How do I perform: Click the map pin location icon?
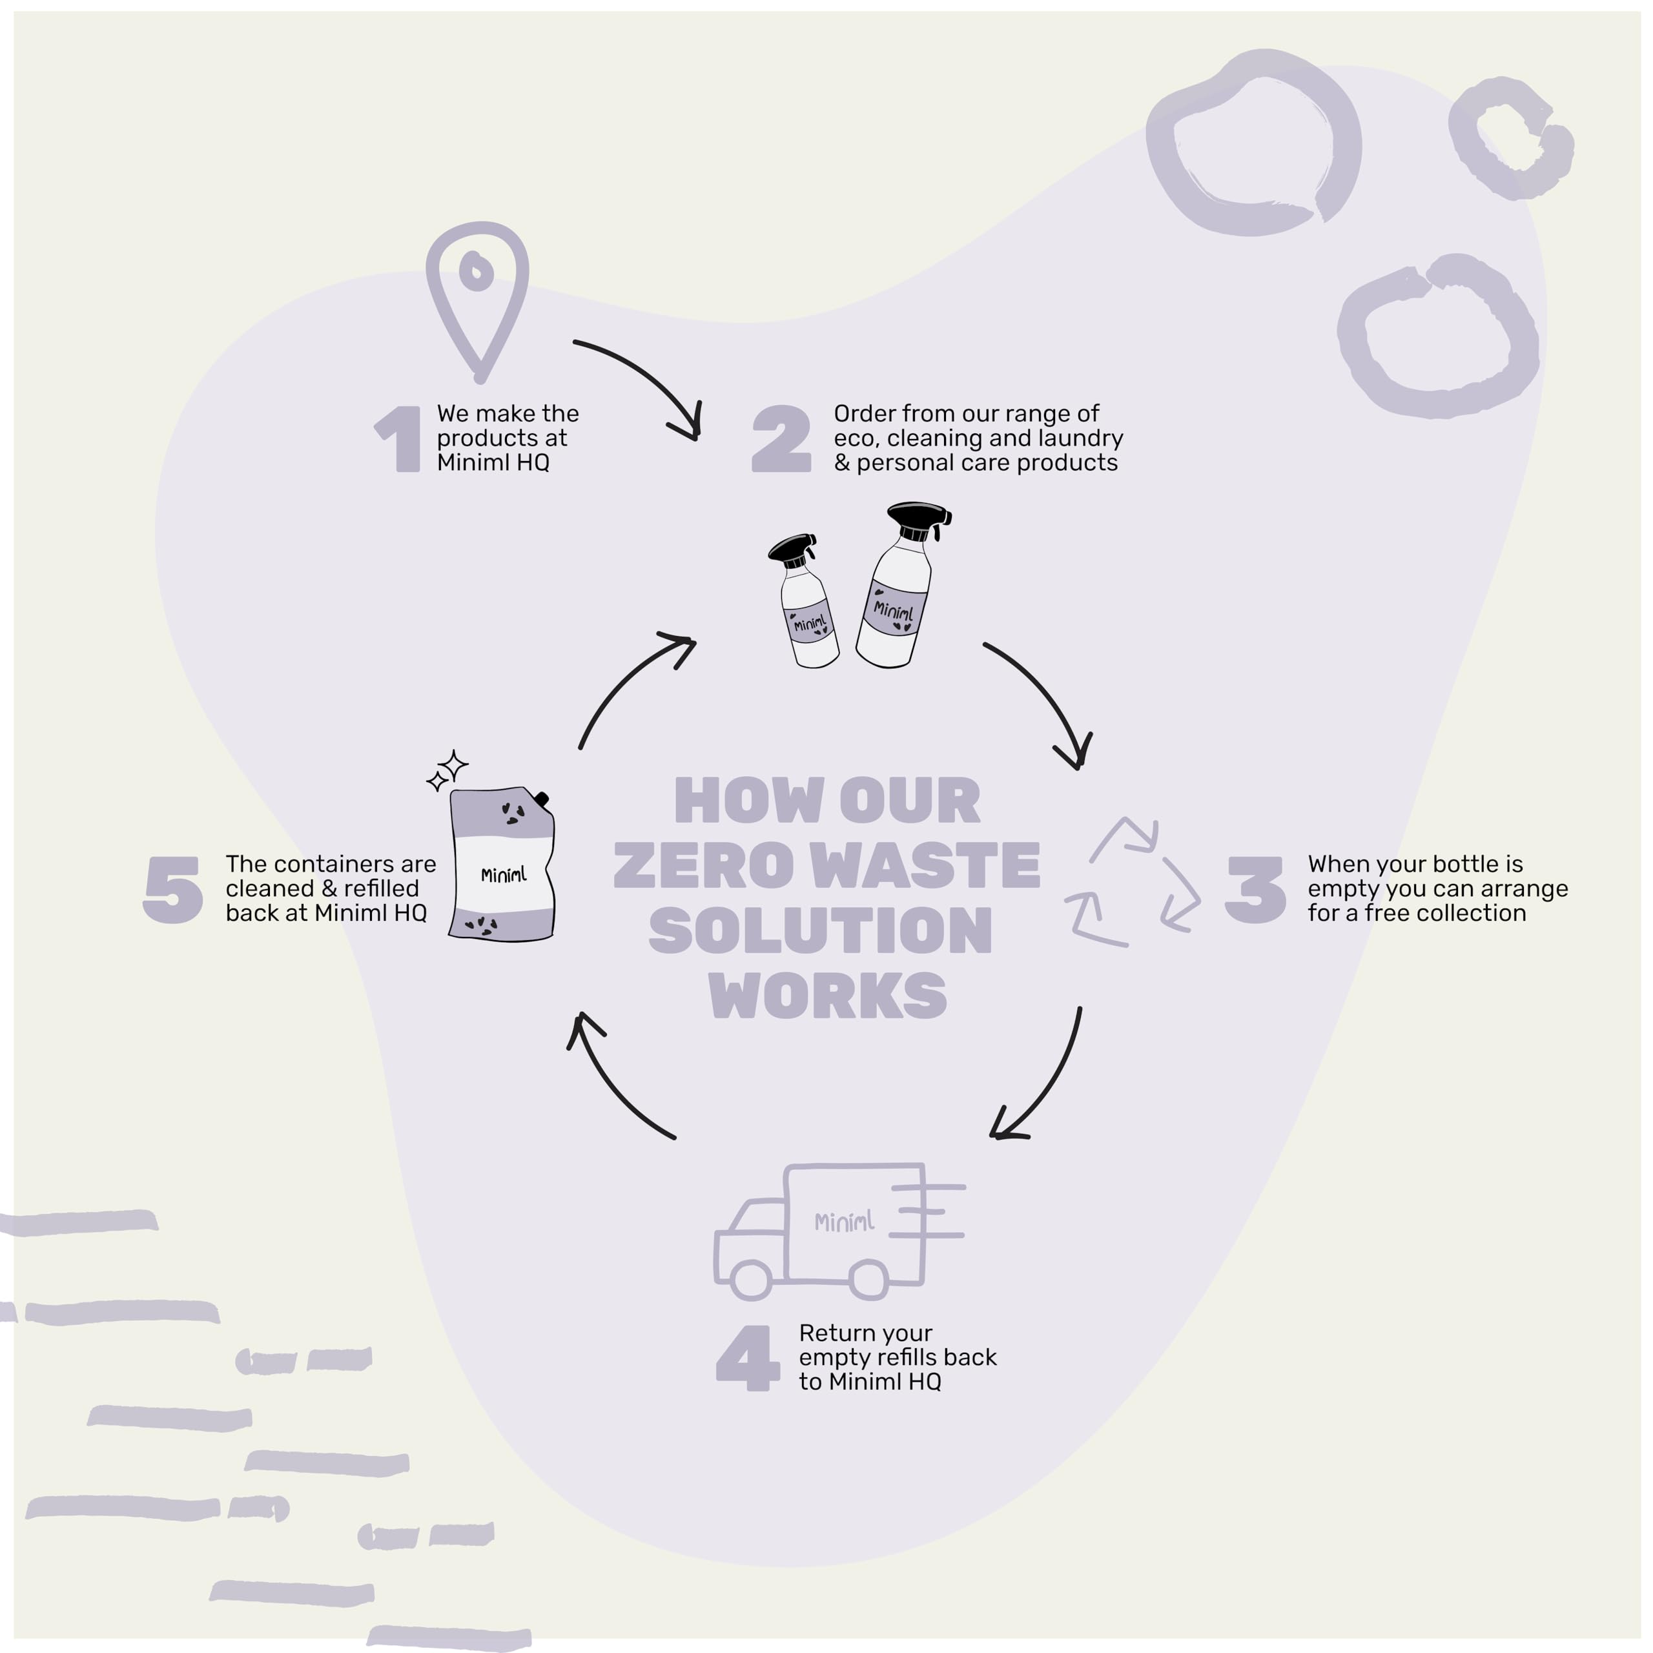click(477, 295)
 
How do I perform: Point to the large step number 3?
click(1255, 890)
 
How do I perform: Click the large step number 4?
click(747, 1358)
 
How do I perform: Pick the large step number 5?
click(174, 890)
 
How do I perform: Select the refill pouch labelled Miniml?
click(503, 864)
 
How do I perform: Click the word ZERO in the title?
click(703, 866)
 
